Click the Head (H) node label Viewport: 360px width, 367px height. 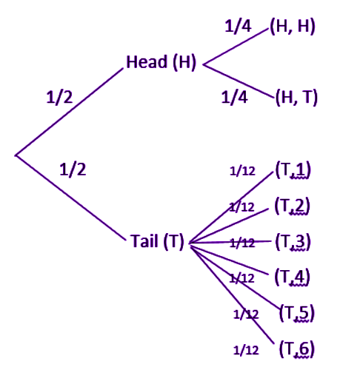[161, 62]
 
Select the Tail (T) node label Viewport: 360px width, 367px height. [158, 241]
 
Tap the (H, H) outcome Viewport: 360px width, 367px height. [293, 26]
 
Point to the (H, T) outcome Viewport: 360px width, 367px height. [296, 97]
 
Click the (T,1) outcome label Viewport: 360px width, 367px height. [293, 170]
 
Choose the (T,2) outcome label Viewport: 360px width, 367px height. [292, 206]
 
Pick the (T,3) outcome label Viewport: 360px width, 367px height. [293, 241]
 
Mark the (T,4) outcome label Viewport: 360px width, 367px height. [292, 277]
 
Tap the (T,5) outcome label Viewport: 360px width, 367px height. [297, 313]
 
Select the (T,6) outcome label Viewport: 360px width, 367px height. [297, 349]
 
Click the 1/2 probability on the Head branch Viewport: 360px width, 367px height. [59, 97]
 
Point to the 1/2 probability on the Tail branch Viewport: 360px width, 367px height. [73, 169]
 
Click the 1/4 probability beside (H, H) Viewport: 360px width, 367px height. [238, 26]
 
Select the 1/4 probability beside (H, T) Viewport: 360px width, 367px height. [234, 97]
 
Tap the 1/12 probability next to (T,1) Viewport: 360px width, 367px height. [242, 171]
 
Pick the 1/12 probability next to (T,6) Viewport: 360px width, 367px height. [246, 350]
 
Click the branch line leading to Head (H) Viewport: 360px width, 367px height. [69, 112]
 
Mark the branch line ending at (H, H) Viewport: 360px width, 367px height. [236, 47]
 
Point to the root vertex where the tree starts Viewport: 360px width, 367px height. [16, 155]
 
